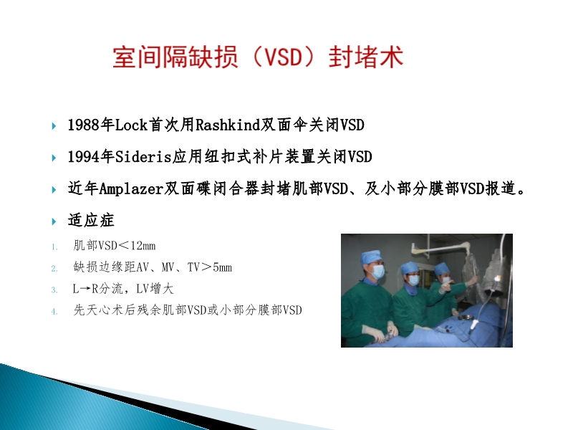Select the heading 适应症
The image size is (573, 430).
pyautogui.click(x=91, y=220)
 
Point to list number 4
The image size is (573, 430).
pyautogui.click(x=54, y=311)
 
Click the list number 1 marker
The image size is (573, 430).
pyautogui.click(x=54, y=247)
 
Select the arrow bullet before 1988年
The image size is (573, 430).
pyautogui.click(x=55, y=126)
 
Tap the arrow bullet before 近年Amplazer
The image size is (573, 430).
pyautogui.click(x=55, y=189)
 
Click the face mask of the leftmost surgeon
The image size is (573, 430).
pyautogui.click(x=377, y=272)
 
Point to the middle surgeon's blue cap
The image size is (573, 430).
pyautogui.click(x=410, y=268)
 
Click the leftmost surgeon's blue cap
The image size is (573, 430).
pyautogui.click(x=370, y=257)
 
